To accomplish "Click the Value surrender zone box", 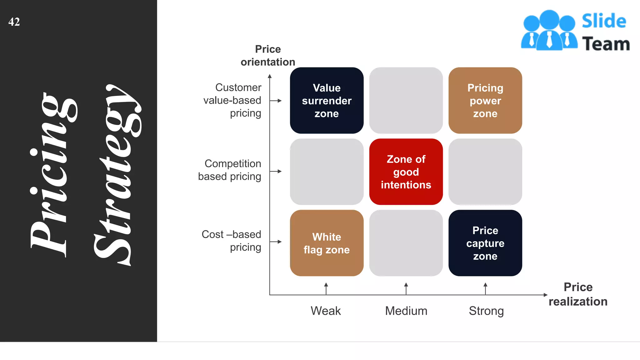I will pos(327,101).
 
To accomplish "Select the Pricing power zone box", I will pos(485,101).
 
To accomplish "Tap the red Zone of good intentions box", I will pos(406,172).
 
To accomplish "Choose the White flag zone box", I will pos(327,243).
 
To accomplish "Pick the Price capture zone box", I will pos(485,243).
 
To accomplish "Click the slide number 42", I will pos(14,22).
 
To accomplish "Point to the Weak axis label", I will pos(326,311).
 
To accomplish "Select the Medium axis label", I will pos(406,311).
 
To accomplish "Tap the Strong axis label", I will pos(486,311).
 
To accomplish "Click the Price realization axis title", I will pos(578,294).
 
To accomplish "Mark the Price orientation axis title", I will pos(268,56).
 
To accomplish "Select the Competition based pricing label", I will pos(230,170).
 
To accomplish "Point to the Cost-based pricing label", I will pos(231,241).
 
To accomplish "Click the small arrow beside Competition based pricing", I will pos(276,171).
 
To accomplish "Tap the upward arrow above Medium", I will pos(406,288).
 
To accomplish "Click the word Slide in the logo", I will pos(604,21).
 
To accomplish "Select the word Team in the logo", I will pos(606,44).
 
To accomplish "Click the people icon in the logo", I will pos(549,30).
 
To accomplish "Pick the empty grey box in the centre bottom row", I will pos(406,243).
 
